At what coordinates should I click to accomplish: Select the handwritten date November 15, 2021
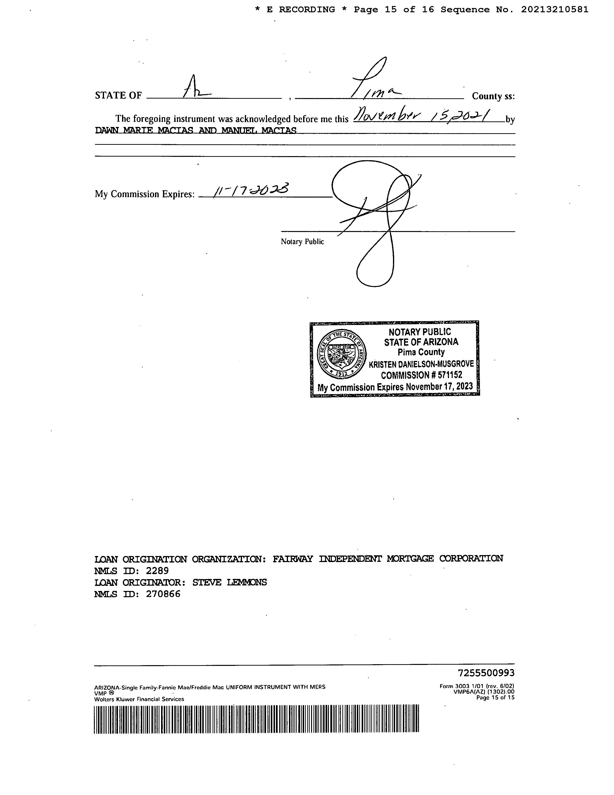[x=422, y=116]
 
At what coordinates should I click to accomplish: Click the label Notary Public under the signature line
[x=302, y=242]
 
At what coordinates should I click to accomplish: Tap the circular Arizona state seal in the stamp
[x=342, y=354]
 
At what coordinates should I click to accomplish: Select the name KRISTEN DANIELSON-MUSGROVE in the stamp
[x=421, y=364]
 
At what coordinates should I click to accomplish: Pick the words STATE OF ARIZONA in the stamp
[x=421, y=342]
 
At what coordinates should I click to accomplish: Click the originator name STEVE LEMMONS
[x=229, y=583]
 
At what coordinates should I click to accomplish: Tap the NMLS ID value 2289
[x=157, y=570]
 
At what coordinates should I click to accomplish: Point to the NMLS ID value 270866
[x=163, y=594]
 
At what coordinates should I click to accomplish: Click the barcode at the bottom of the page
[x=256, y=719]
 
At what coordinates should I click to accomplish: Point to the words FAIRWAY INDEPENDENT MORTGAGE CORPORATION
[x=388, y=559]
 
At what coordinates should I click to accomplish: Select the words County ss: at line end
[x=493, y=96]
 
